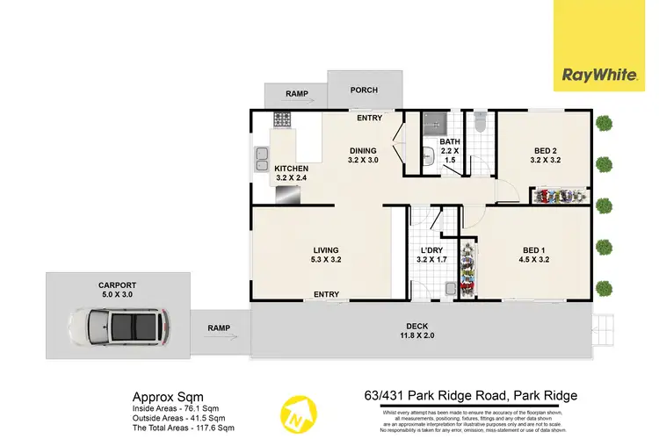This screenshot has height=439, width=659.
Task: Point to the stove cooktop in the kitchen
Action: [x=284, y=119]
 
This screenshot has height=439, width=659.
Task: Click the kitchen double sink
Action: [x=262, y=159]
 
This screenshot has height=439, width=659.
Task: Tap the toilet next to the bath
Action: [x=480, y=124]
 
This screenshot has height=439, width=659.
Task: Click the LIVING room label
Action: [x=326, y=252]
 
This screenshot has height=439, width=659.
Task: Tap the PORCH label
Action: [x=363, y=90]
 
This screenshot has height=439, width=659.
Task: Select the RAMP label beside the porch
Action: [x=295, y=94]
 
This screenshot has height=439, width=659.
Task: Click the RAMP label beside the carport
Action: [x=219, y=328]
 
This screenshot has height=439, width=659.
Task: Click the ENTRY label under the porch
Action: [x=368, y=117]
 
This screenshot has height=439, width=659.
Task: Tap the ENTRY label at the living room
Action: [x=326, y=294]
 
